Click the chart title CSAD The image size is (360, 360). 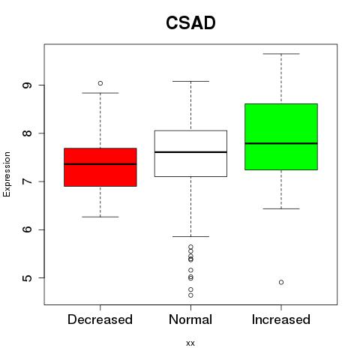tap(190, 22)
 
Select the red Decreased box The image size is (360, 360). tap(100, 167)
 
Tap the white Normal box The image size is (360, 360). tap(190, 154)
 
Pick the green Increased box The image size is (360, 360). tap(281, 136)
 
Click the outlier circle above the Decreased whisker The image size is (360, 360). tap(100, 83)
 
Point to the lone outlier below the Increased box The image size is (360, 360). tap(281, 282)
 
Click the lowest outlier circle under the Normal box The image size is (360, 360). tap(190, 295)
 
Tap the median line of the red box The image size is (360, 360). tap(100, 164)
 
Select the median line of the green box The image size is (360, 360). tap(281, 143)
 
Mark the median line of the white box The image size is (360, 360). tap(190, 152)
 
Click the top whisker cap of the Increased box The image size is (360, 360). tap(281, 54)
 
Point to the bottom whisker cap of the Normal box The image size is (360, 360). tap(190, 236)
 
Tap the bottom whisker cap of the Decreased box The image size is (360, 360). tap(100, 217)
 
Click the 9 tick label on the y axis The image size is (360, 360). tap(27, 85)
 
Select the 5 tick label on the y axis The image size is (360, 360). tap(27, 278)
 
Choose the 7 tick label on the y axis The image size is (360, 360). tap(27, 181)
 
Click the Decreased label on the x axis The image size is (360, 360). tap(100, 319)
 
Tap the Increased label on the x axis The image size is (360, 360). tap(281, 319)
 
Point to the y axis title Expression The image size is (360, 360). tap(7, 174)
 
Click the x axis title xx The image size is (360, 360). tap(190, 343)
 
